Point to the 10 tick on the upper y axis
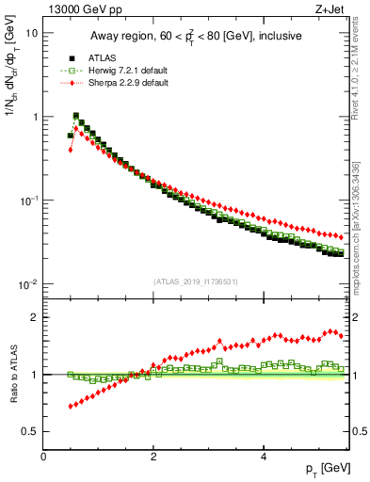pos(31,33)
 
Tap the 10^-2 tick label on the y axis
pos(28,284)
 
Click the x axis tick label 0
pos(44,457)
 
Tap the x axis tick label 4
pos(263,457)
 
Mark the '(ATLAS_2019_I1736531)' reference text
pos(196,281)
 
